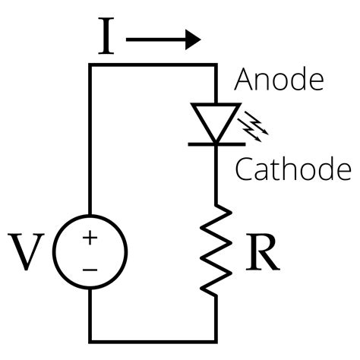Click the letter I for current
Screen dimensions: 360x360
tap(106, 37)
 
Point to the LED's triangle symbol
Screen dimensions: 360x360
tap(216, 119)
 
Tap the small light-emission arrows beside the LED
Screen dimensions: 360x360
tap(257, 127)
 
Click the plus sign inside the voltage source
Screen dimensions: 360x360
tap(90, 238)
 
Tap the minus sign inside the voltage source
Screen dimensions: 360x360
tap(90, 268)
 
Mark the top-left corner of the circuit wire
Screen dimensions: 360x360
tap(91, 67)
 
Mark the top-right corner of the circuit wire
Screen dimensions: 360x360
tap(216, 67)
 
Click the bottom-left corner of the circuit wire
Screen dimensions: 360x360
tap(91, 339)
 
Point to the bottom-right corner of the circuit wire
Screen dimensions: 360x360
tap(216, 339)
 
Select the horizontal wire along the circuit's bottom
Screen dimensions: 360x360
tap(152, 339)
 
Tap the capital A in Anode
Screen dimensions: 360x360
tap(243, 81)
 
